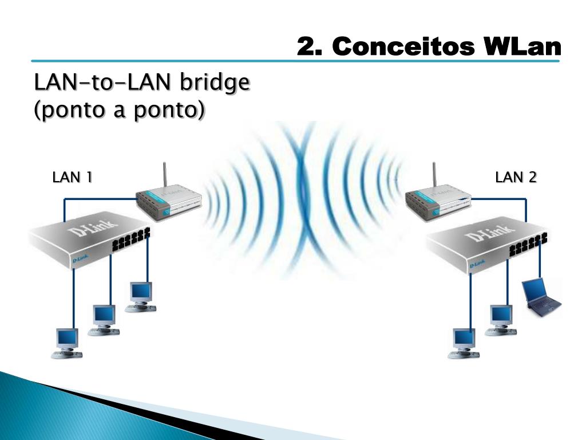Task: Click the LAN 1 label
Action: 72,178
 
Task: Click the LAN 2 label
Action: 516,178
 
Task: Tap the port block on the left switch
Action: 130,240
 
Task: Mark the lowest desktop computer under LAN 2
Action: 464,343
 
